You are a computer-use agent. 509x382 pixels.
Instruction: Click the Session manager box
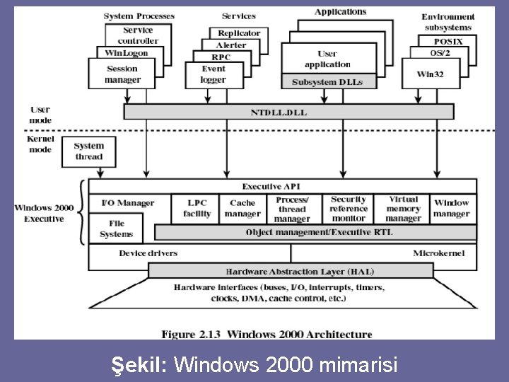click(122, 74)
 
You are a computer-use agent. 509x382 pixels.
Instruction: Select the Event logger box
click(213, 74)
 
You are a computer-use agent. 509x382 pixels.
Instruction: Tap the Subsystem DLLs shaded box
click(327, 82)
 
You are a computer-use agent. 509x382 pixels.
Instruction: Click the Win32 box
click(430, 74)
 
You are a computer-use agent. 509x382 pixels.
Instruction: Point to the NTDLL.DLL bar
click(289, 112)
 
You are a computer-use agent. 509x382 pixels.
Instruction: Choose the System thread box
click(89, 151)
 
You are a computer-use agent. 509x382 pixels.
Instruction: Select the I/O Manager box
click(128, 203)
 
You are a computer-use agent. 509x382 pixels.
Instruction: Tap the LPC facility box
click(197, 209)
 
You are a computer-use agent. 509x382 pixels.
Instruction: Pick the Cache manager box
click(242, 209)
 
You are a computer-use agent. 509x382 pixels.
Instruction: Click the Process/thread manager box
click(292, 209)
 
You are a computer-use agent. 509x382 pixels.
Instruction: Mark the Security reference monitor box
click(349, 209)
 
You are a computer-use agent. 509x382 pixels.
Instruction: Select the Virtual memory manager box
click(403, 209)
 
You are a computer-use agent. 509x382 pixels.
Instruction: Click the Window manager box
click(451, 209)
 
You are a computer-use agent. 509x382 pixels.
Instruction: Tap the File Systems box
click(116, 228)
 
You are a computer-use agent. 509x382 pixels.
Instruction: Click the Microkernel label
click(438, 253)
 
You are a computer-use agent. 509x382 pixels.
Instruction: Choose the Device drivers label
click(148, 253)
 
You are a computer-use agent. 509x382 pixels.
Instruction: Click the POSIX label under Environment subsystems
click(448, 42)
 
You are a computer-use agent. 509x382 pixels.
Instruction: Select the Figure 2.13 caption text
click(267, 334)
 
